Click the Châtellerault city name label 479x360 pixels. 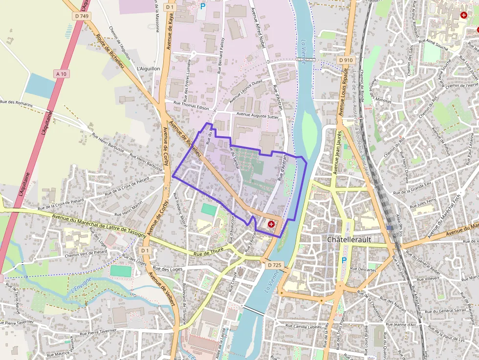[x=350, y=240]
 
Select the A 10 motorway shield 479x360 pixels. [x=61, y=74]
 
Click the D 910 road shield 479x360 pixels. [x=346, y=60]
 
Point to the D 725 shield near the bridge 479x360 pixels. [x=275, y=265]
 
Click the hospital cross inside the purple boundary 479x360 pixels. [x=271, y=224]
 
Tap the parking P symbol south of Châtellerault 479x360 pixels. [x=344, y=260]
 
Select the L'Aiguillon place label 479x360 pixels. [x=149, y=69]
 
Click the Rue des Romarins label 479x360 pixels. [x=17, y=103]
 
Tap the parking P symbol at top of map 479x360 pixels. [x=202, y=6]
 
